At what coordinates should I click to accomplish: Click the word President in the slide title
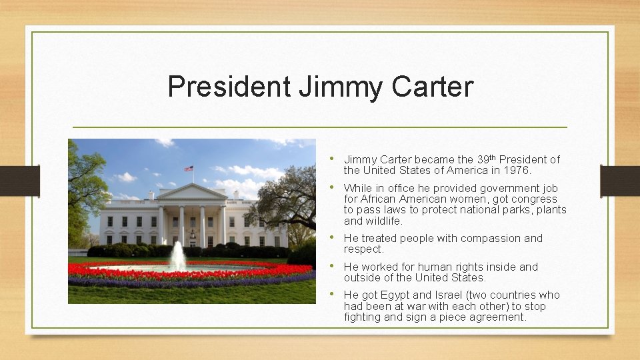pyautogui.click(x=228, y=87)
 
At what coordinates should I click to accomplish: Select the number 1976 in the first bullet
pyautogui.click(x=516, y=171)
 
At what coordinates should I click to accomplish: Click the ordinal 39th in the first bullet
pyautogui.click(x=486, y=159)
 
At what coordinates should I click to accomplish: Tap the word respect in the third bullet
pyautogui.click(x=364, y=249)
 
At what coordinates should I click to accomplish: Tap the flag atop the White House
pyautogui.click(x=189, y=169)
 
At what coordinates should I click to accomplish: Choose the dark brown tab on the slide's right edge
pyautogui.click(x=620, y=180)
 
